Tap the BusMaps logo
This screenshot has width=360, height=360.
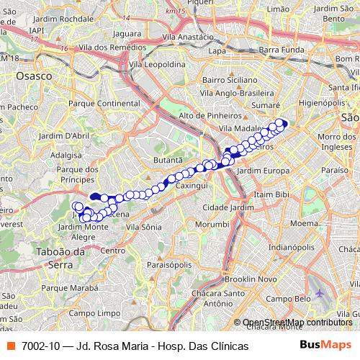tap(321, 345)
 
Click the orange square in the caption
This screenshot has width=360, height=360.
tap(11, 346)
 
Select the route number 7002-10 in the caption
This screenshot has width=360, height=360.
tap(41, 346)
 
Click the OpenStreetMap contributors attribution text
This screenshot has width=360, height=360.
tap(297, 323)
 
